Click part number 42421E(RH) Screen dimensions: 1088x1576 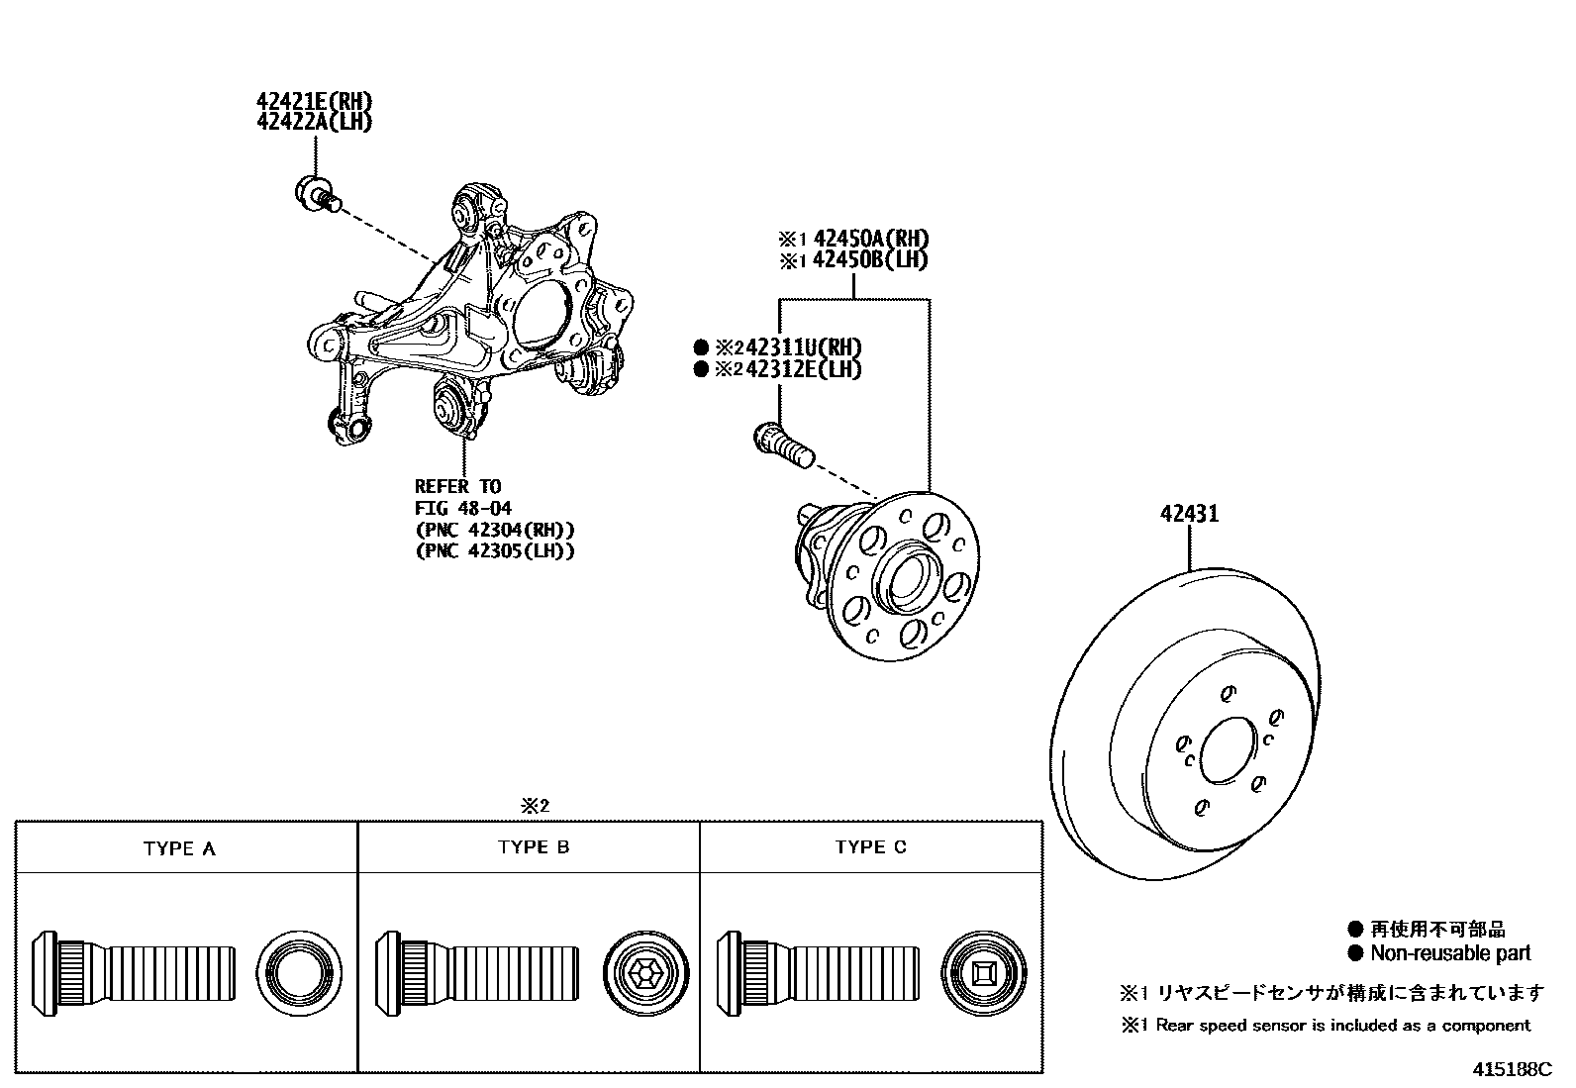point(314,101)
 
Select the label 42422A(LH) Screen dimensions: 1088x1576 point(314,122)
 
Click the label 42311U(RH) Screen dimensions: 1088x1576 point(802,347)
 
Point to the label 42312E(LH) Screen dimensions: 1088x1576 point(802,369)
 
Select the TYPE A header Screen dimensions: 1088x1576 point(179,848)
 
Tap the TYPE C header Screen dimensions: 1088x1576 point(870,847)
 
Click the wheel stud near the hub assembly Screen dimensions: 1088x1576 point(783,444)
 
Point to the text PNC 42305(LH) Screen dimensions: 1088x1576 point(494,551)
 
